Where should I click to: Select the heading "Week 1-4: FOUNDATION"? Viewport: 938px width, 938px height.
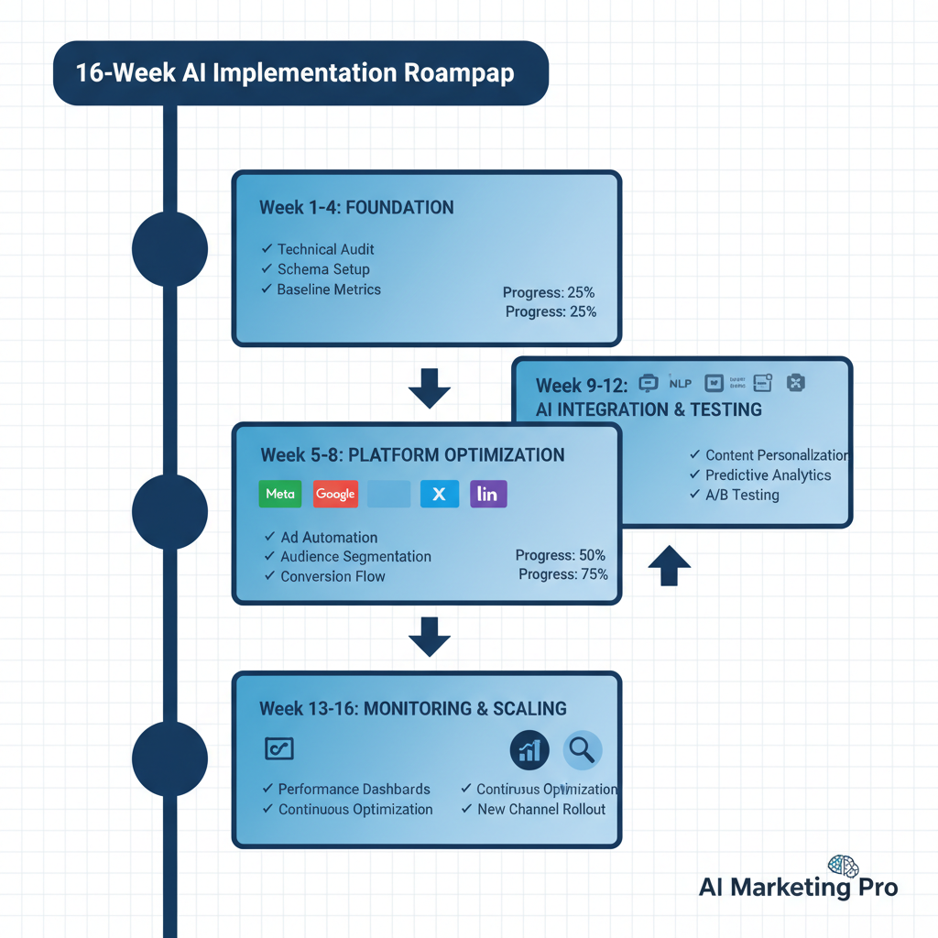click(x=356, y=208)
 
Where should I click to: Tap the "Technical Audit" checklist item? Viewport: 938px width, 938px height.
click(x=325, y=249)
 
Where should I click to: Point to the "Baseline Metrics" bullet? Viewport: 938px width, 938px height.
click(x=328, y=289)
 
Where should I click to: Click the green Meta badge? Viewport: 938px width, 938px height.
click(x=280, y=494)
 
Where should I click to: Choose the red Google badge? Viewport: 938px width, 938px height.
click(x=335, y=494)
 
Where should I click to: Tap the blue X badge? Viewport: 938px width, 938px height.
click(x=439, y=494)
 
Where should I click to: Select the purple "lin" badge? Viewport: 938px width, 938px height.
click(x=487, y=494)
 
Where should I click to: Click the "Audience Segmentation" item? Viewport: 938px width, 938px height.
click(x=355, y=557)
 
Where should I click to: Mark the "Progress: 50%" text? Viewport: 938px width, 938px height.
click(x=560, y=555)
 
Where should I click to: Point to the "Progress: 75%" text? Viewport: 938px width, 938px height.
click(x=562, y=574)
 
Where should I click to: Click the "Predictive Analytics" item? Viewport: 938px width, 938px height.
click(x=768, y=475)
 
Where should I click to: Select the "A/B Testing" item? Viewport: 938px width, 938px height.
click(x=742, y=496)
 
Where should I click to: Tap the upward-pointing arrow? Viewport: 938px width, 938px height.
click(x=670, y=565)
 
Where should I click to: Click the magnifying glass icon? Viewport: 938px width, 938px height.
click(x=582, y=750)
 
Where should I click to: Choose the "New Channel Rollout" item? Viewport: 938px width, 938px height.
click(x=541, y=809)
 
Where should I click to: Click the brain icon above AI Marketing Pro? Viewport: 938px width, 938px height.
click(x=842, y=866)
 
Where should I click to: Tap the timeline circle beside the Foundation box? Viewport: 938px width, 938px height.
click(x=170, y=249)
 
